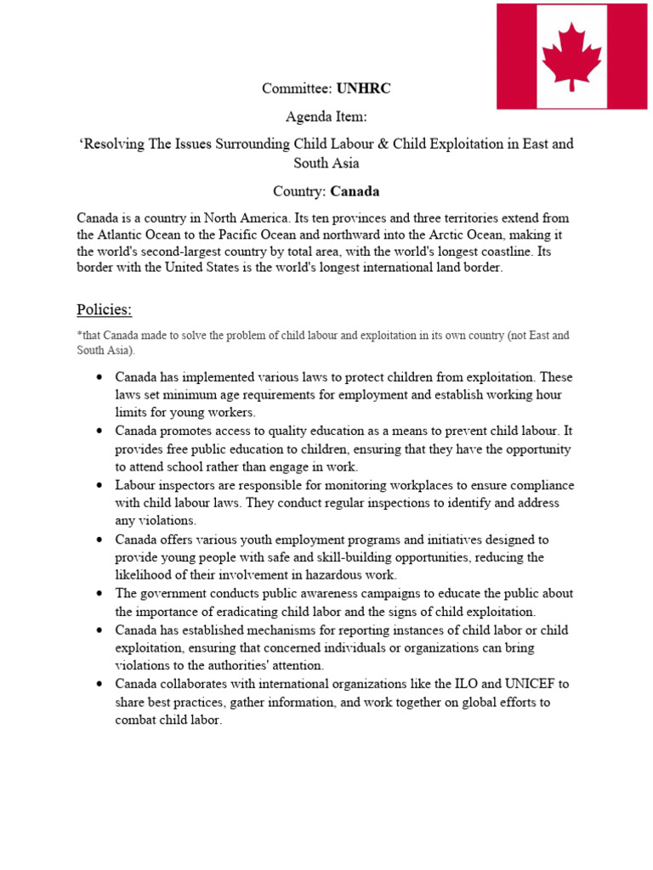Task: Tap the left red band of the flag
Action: [x=516, y=56]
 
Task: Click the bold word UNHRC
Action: [x=364, y=88]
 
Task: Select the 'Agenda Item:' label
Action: [x=326, y=116]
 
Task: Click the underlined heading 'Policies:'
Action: [x=104, y=308]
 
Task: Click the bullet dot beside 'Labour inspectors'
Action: [x=100, y=486]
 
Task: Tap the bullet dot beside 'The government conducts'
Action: [x=100, y=594]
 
